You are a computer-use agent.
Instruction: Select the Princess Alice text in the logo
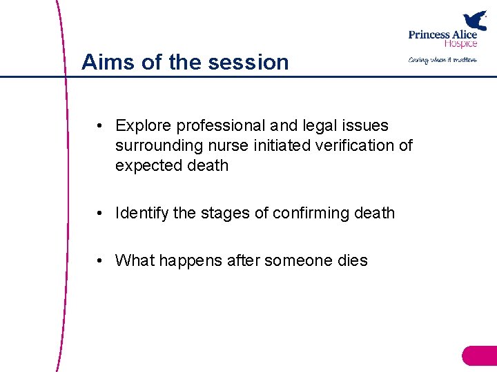442,34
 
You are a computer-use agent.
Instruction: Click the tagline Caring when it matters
442,60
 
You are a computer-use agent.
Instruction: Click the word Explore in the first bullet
143,125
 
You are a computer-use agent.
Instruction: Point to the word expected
144,166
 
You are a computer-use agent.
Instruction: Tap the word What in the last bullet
135,260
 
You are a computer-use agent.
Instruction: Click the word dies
353,260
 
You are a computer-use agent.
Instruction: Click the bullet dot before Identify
101,214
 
